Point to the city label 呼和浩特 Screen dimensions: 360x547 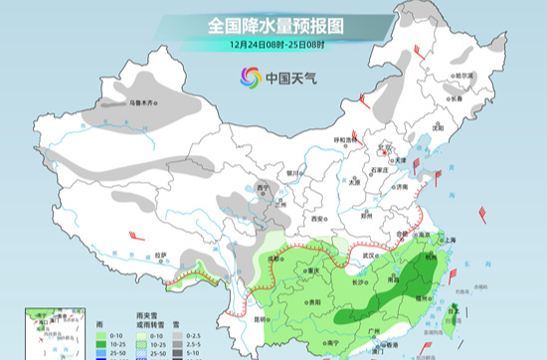344,140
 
